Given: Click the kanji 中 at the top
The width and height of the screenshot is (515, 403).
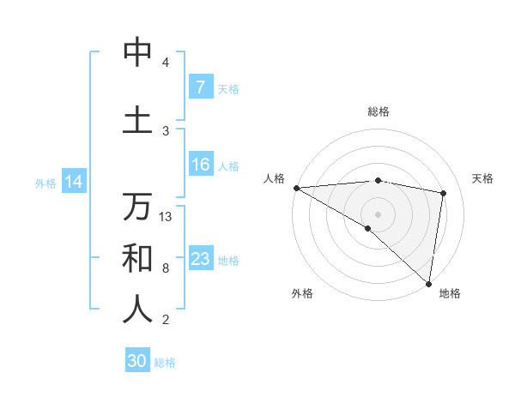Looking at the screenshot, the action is pos(137,52).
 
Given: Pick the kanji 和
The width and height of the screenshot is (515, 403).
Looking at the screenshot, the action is pos(137,257).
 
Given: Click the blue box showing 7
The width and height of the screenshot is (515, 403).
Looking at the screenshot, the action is pos(200,87).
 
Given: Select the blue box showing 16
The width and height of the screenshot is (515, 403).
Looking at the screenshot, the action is pos(200,165).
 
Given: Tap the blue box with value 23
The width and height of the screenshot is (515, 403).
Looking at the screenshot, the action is pos(200,259).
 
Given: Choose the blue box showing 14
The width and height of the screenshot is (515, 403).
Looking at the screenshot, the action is pos(73,182).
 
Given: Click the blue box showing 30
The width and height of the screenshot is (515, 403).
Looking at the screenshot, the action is pos(137,361).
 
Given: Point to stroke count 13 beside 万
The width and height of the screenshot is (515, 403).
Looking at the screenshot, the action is pos(166,217).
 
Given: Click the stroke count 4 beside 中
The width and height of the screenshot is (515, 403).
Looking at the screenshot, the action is pos(166,63).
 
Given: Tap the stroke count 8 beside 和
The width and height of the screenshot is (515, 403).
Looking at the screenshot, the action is pos(166,268).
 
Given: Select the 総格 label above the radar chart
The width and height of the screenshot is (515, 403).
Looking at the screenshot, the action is pos(378,111).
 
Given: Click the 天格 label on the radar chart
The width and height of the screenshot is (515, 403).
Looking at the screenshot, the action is pos(483,178).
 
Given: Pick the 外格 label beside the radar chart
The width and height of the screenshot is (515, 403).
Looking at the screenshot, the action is pos(301,293).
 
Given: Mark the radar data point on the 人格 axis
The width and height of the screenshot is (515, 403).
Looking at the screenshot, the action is pos(296,188).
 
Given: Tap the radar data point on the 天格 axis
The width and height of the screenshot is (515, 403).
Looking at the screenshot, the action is pos(444,193).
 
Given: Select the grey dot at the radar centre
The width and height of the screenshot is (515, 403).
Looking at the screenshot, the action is pos(378,214).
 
